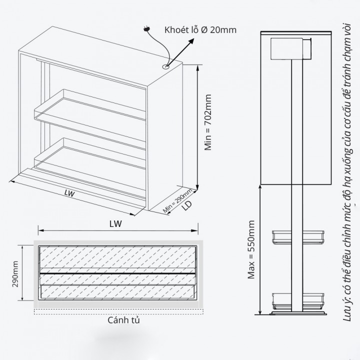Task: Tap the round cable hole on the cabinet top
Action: (166, 67)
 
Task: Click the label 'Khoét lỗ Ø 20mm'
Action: (200, 30)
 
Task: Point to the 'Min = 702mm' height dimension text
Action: (208, 122)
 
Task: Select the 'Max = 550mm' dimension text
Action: (251, 249)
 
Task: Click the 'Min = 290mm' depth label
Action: (177, 200)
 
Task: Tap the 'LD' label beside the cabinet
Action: (186, 205)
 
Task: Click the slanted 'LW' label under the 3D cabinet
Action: (69, 193)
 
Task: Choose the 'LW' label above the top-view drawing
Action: (115, 224)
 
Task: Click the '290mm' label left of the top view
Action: (15, 274)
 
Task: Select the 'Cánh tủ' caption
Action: (123, 320)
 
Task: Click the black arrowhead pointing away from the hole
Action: (190, 42)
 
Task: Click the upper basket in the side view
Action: (298, 237)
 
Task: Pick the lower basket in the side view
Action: (298, 301)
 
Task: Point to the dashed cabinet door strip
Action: (118, 311)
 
